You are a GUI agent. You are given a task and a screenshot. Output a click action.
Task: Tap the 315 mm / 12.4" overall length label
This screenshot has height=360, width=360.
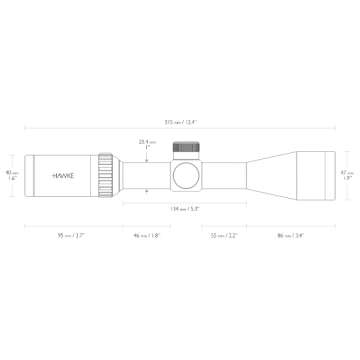[x=181, y=123]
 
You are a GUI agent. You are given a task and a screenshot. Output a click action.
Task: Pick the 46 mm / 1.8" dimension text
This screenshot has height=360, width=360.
[x=149, y=236]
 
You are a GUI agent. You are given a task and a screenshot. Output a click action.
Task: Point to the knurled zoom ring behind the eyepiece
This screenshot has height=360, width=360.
[x=106, y=172]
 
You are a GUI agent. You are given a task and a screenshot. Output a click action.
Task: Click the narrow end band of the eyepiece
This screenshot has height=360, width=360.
[x=27, y=172]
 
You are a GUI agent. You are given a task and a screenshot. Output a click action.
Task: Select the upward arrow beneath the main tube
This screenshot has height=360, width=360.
[x=149, y=193]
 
